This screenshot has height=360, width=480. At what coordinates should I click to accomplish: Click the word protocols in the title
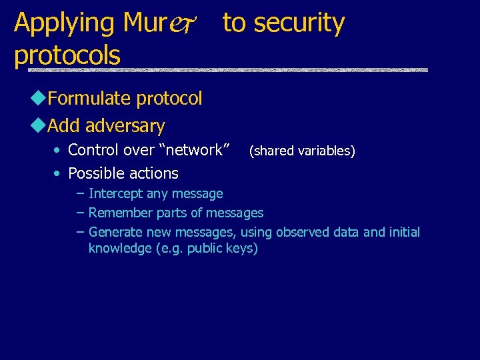[x=67, y=55]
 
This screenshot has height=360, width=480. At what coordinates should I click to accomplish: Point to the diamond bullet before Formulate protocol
[x=39, y=99]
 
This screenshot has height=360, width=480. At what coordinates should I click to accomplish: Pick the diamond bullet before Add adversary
[x=39, y=125]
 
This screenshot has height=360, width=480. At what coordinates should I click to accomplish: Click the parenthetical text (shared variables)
[x=302, y=151]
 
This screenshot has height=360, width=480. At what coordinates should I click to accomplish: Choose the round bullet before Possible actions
[x=58, y=173]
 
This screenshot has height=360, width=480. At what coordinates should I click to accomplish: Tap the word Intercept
[x=115, y=194]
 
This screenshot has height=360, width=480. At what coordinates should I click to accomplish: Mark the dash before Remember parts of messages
[x=81, y=213]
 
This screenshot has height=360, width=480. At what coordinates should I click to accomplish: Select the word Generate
[x=115, y=233]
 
